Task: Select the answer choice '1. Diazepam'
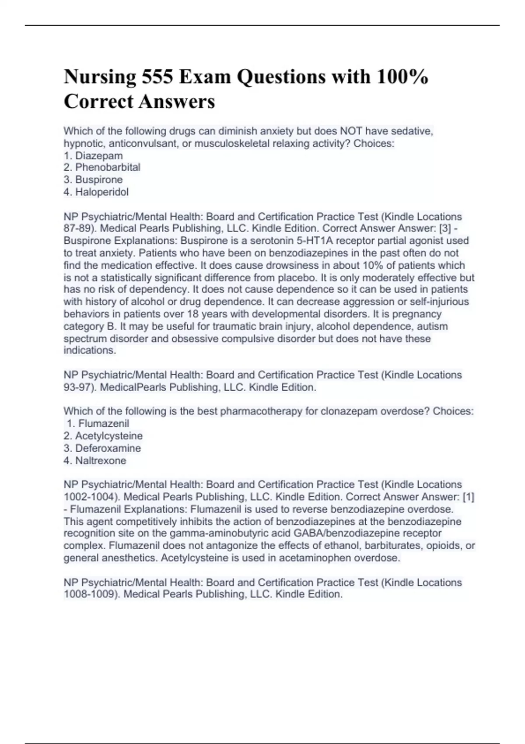[x=93, y=155]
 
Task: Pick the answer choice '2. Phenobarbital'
[x=102, y=167]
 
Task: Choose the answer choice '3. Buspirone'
[x=93, y=179]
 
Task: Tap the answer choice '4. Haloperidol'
[x=96, y=192]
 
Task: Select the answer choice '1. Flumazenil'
[x=98, y=423]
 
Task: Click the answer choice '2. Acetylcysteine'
[x=103, y=436]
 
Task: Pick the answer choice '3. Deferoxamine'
[x=102, y=448]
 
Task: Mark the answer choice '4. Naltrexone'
[x=95, y=460]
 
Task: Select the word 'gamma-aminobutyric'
[x=224, y=533]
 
